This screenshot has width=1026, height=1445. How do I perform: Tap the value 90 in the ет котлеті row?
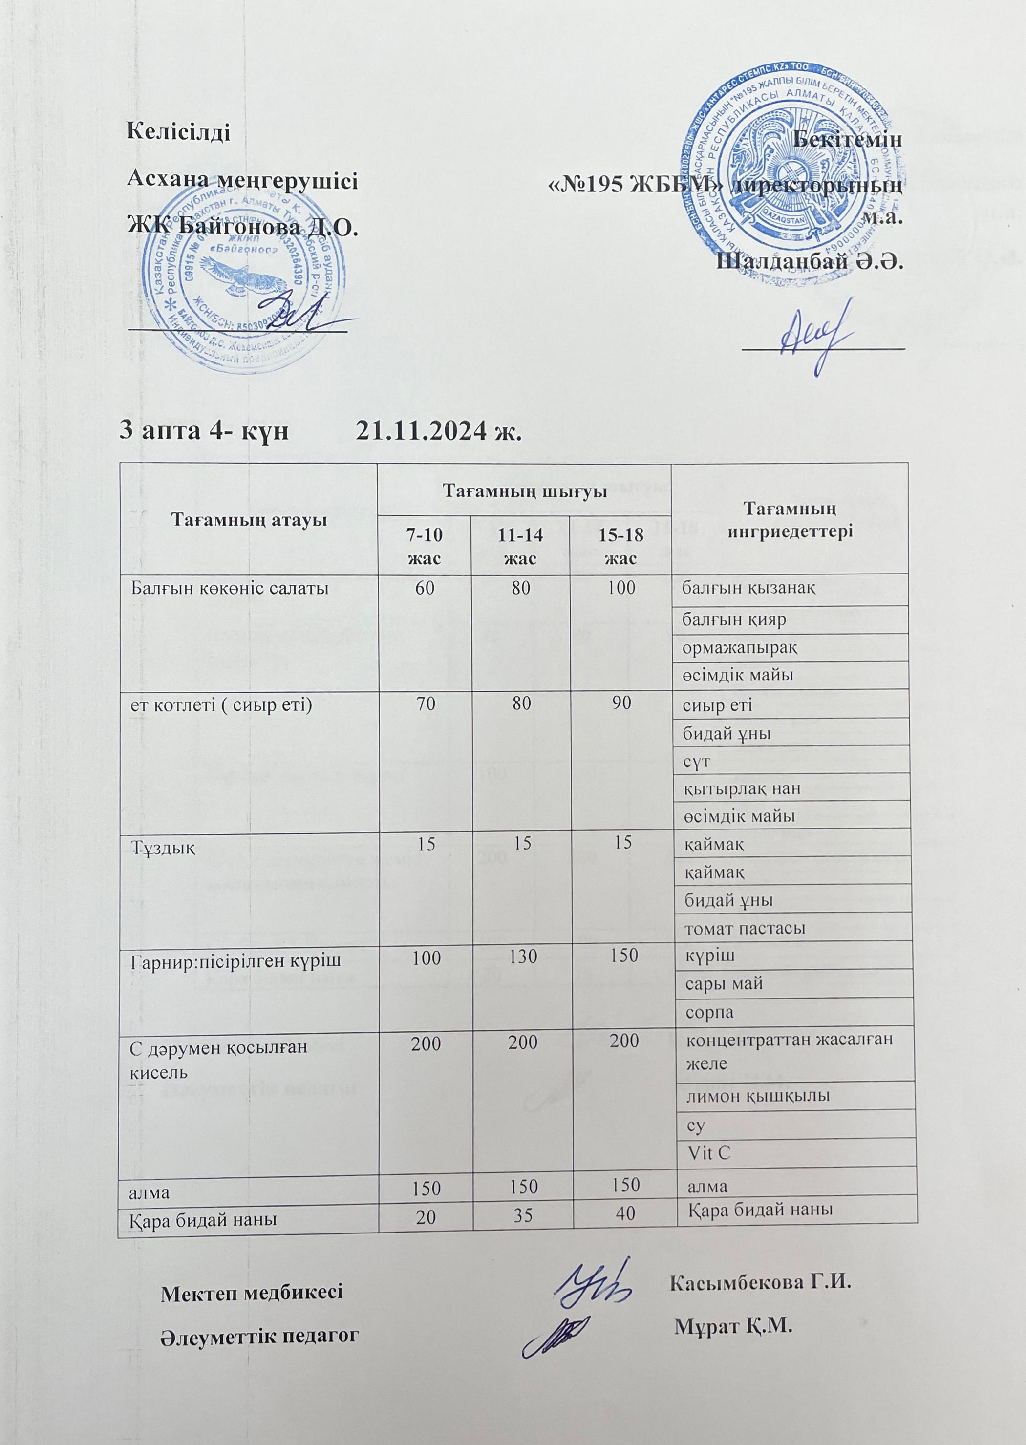pos(621,703)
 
